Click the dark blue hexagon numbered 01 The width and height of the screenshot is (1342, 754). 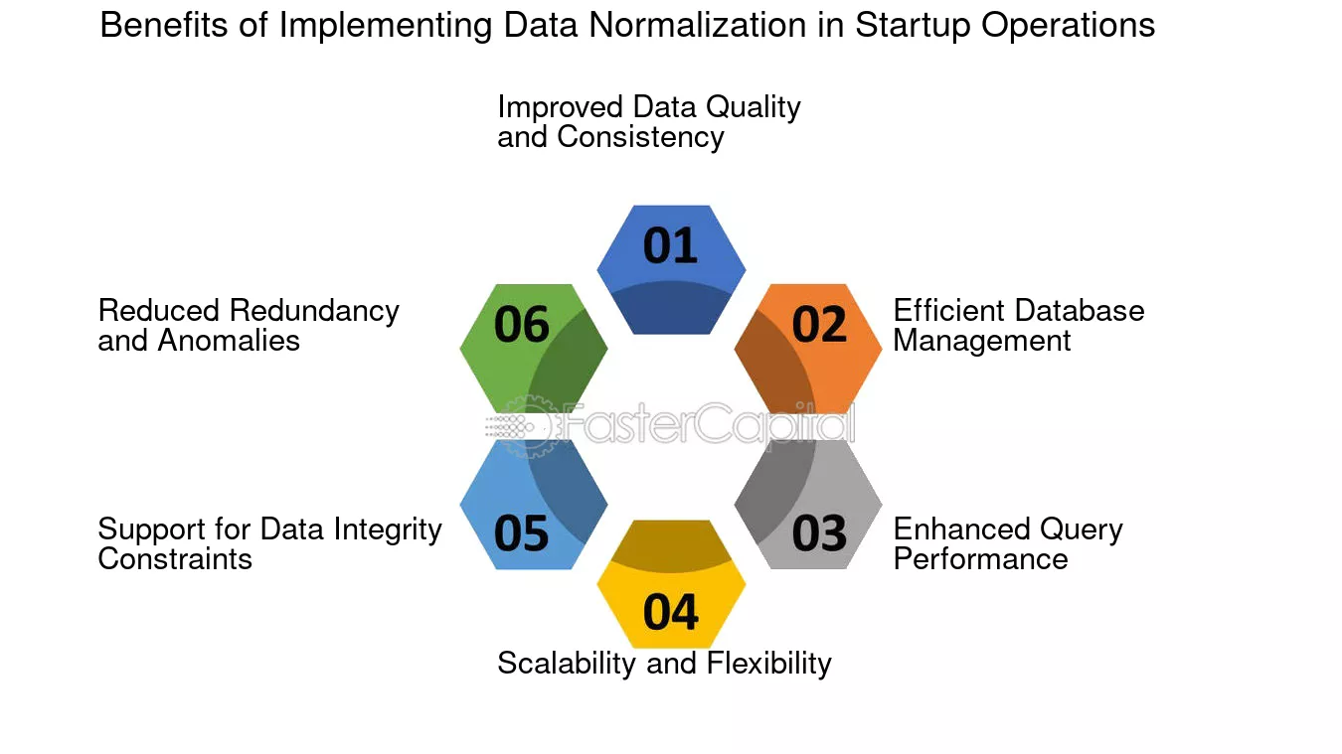(671, 269)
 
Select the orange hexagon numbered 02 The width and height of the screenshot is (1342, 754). (808, 349)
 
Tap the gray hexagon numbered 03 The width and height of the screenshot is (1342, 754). (808, 505)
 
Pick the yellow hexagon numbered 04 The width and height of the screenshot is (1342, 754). (671, 584)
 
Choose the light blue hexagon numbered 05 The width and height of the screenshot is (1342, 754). (534, 505)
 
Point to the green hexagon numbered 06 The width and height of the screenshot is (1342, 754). (534, 349)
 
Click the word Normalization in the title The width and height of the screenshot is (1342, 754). (698, 25)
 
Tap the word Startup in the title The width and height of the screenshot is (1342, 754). (912, 27)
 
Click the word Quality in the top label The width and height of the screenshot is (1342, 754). (753, 109)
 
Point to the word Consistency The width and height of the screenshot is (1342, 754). (640, 138)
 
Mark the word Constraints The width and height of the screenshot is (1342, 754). (175, 559)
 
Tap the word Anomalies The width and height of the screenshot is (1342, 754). (229, 341)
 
